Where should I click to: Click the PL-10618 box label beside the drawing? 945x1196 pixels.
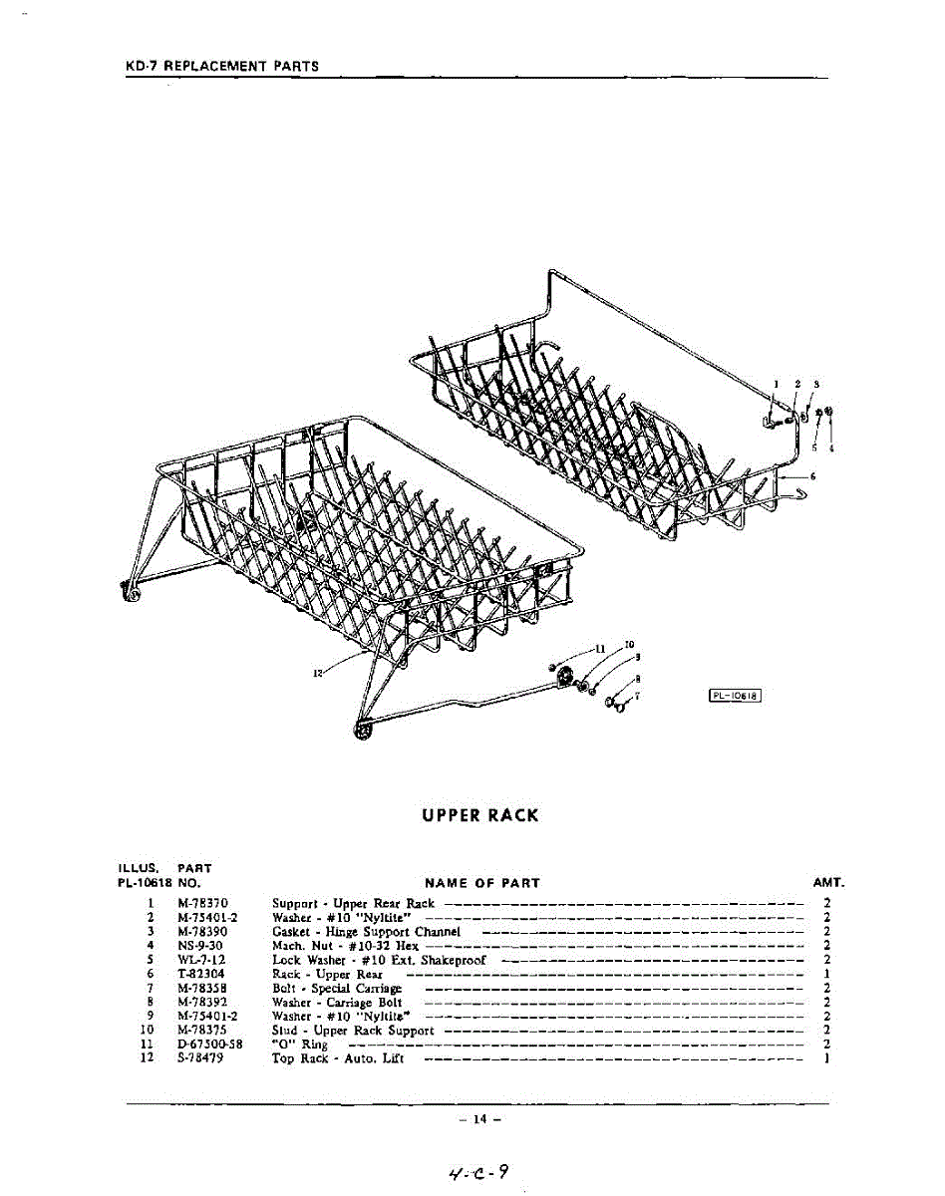tap(735, 696)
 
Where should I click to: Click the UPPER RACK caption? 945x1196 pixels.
tap(479, 815)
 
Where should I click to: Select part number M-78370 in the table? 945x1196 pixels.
tap(203, 903)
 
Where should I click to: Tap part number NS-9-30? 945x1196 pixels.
tap(200, 945)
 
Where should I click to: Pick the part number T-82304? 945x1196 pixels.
tap(201, 974)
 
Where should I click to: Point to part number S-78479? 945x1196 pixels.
tap(200, 1057)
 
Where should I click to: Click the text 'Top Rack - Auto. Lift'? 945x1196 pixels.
tap(338, 1057)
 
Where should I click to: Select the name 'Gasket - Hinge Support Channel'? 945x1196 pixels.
tap(366, 931)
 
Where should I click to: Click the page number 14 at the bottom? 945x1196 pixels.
tap(479, 1119)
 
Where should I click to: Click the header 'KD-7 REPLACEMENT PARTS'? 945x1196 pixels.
tap(222, 66)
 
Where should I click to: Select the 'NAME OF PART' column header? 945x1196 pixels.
tap(482, 882)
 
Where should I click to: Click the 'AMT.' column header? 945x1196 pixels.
tap(828, 882)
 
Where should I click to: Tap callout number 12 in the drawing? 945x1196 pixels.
tap(317, 673)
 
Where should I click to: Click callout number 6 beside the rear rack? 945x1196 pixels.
tap(813, 476)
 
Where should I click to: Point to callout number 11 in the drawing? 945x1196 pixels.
tap(600, 648)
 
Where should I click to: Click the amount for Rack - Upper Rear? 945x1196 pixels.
tap(827, 974)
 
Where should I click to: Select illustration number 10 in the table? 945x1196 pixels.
tap(147, 1030)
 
